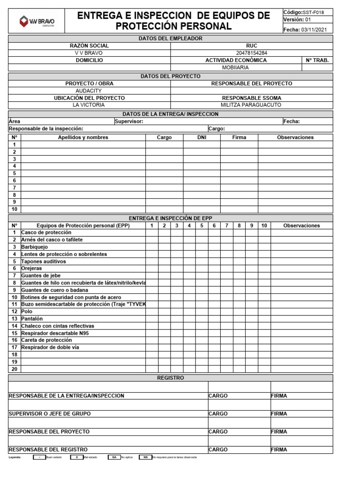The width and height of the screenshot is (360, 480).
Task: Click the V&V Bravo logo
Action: (x=37, y=21)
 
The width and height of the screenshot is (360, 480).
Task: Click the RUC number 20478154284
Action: (x=252, y=53)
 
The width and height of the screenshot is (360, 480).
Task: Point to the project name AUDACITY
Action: (x=89, y=90)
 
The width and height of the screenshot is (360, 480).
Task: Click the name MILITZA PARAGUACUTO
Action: (x=252, y=105)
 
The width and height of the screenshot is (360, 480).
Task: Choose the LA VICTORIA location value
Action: (x=89, y=105)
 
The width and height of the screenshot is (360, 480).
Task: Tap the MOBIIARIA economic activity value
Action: (x=236, y=67)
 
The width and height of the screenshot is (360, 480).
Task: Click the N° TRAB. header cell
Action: (x=317, y=60)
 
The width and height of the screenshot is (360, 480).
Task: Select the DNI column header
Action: (x=202, y=137)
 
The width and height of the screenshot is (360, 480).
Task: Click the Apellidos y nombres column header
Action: (x=83, y=137)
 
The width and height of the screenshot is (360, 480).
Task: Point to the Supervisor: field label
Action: (x=129, y=121)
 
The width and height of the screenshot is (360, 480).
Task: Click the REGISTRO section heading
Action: (x=171, y=378)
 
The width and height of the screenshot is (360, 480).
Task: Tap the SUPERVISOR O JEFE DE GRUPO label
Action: (x=50, y=414)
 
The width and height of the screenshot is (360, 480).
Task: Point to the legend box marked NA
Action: (x=113, y=457)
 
